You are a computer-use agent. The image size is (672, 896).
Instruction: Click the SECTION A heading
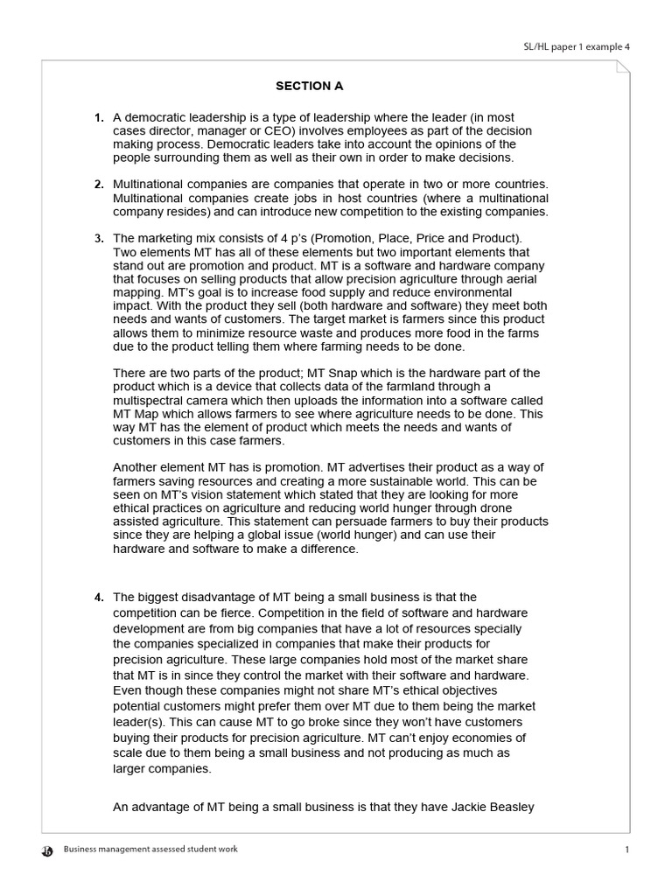[309, 86]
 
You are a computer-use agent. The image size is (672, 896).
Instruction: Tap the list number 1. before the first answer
[99, 117]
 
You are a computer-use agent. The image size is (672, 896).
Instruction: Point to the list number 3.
[99, 238]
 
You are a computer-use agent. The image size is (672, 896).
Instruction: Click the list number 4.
[99, 598]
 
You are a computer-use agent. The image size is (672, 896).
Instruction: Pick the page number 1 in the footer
[627, 850]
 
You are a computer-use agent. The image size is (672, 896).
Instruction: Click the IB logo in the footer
[47, 850]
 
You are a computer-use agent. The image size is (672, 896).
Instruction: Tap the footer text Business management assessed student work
[150, 850]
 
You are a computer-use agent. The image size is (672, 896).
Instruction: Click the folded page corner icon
[621, 69]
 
